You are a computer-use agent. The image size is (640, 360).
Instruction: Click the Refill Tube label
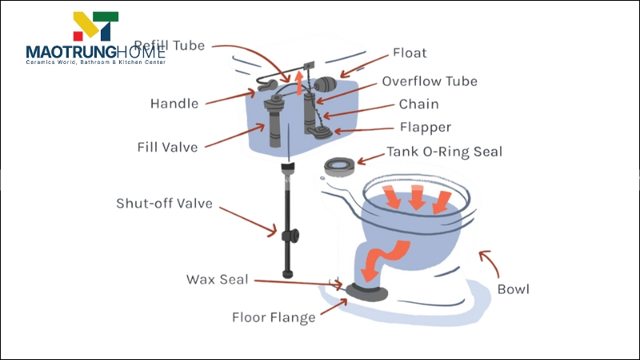coord(169,46)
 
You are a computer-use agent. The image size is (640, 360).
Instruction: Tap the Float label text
coord(409,54)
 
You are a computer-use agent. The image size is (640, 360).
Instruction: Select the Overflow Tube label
coord(429,82)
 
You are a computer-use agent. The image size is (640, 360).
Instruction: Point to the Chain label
coord(418,105)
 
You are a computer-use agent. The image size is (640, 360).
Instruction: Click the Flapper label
coord(425,128)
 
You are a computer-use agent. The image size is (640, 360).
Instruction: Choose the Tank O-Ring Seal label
coord(444,152)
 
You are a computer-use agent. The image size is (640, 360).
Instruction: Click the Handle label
coord(174,104)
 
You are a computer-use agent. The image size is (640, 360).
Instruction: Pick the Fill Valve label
coord(167,147)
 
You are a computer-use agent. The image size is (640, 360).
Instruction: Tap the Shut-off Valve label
coord(164,203)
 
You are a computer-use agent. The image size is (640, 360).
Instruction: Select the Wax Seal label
coord(217,279)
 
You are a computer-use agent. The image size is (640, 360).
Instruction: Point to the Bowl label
coord(513,289)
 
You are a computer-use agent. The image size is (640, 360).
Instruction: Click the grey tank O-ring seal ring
coord(341,166)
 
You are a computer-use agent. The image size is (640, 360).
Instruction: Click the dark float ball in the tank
coord(326,86)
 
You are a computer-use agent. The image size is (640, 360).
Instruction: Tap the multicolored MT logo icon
coord(95,26)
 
